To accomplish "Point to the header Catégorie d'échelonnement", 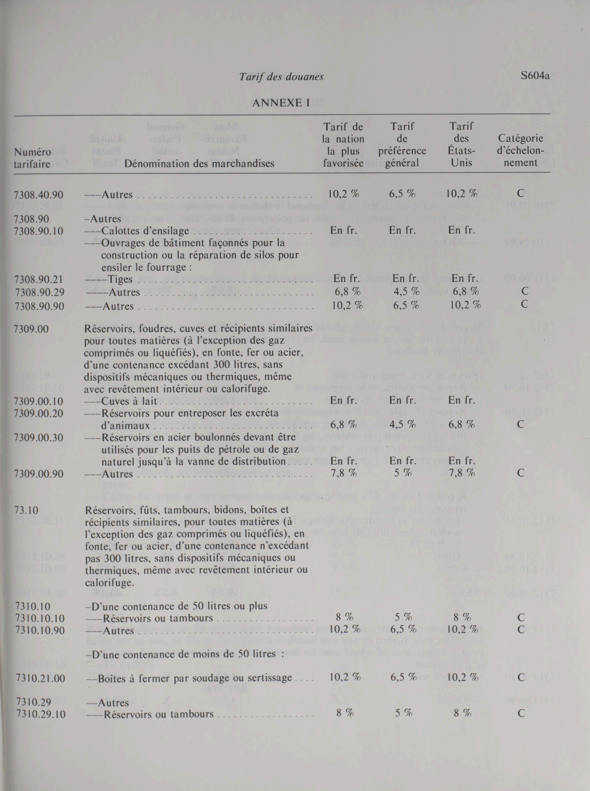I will click(520, 150).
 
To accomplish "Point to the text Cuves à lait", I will click(130, 401).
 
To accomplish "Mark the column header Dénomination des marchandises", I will click(199, 163).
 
